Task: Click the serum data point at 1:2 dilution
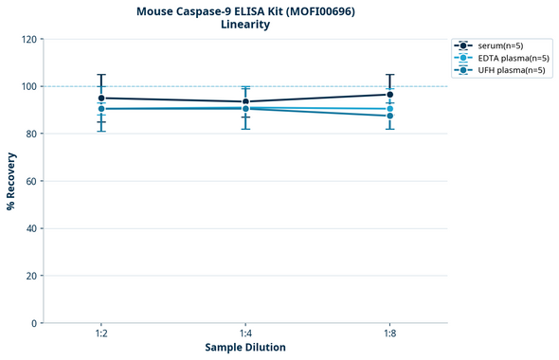pyautogui.click(x=101, y=98)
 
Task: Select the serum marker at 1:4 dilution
pyautogui.click(x=245, y=101)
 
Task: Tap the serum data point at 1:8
pyautogui.click(x=389, y=94)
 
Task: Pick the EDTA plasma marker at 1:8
pyautogui.click(x=389, y=109)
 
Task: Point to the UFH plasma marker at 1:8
pyautogui.click(x=389, y=116)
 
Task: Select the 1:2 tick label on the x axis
pyautogui.click(x=101, y=333)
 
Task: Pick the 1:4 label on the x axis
pyautogui.click(x=245, y=333)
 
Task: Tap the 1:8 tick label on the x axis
pyautogui.click(x=389, y=333)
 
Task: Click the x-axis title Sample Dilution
pyautogui.click(x=245, y=348)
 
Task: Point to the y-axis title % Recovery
pyautogui.click(x=11, y=181)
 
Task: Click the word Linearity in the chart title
pyautogui.click(x=244, y=25)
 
